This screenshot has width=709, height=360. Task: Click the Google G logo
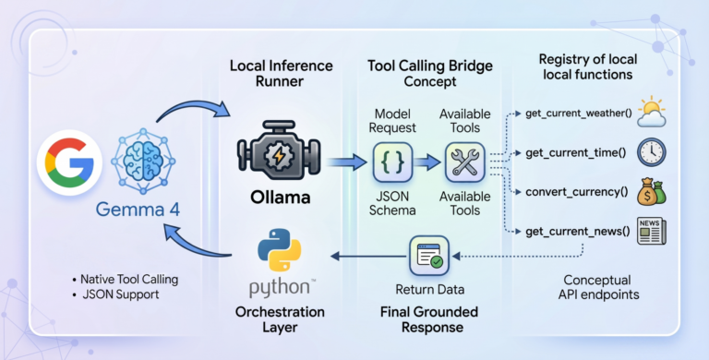(x=66, y=165)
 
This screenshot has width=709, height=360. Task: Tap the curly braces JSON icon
(x=391, y=163)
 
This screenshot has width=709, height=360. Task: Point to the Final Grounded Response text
(x=427, y=316)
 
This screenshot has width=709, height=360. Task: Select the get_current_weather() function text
(x=578, y=114)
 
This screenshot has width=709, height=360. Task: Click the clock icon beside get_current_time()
(x=653, y=152)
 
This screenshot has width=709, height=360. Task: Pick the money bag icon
(x=653, y=192)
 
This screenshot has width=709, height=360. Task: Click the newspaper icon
(x=653, y=231)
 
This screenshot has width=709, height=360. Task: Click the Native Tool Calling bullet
(x=125, y=278)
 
